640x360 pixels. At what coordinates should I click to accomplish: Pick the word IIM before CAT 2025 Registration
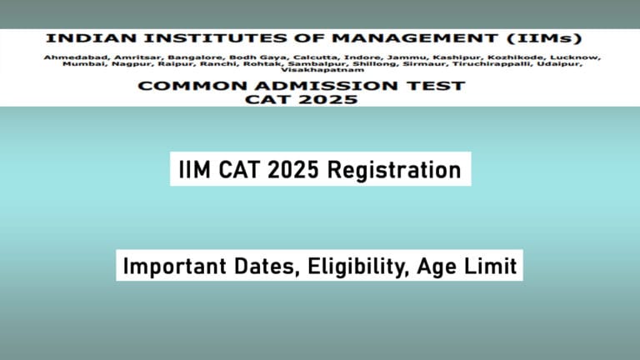click(194, 170)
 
